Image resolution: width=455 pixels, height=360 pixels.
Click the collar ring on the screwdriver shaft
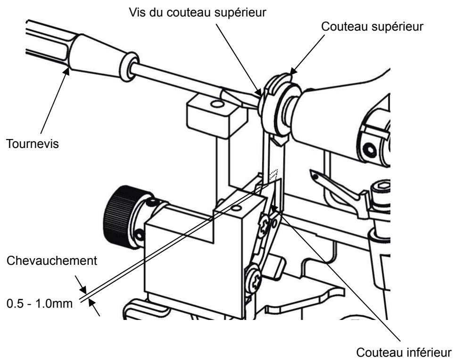coord(129,65)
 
